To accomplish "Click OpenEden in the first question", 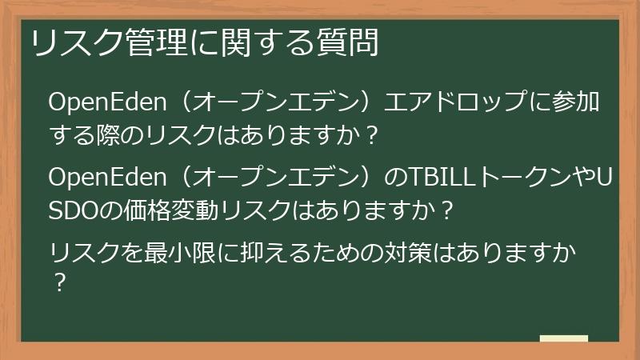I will (x=107, y=103).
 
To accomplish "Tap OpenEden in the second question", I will (x=107, y=175).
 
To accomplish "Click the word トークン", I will (x=524, y=175).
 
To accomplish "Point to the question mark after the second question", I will (x=448, y=210).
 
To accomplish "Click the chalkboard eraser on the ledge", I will (x=564, y=338).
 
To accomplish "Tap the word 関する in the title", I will (x=255, y=42).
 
